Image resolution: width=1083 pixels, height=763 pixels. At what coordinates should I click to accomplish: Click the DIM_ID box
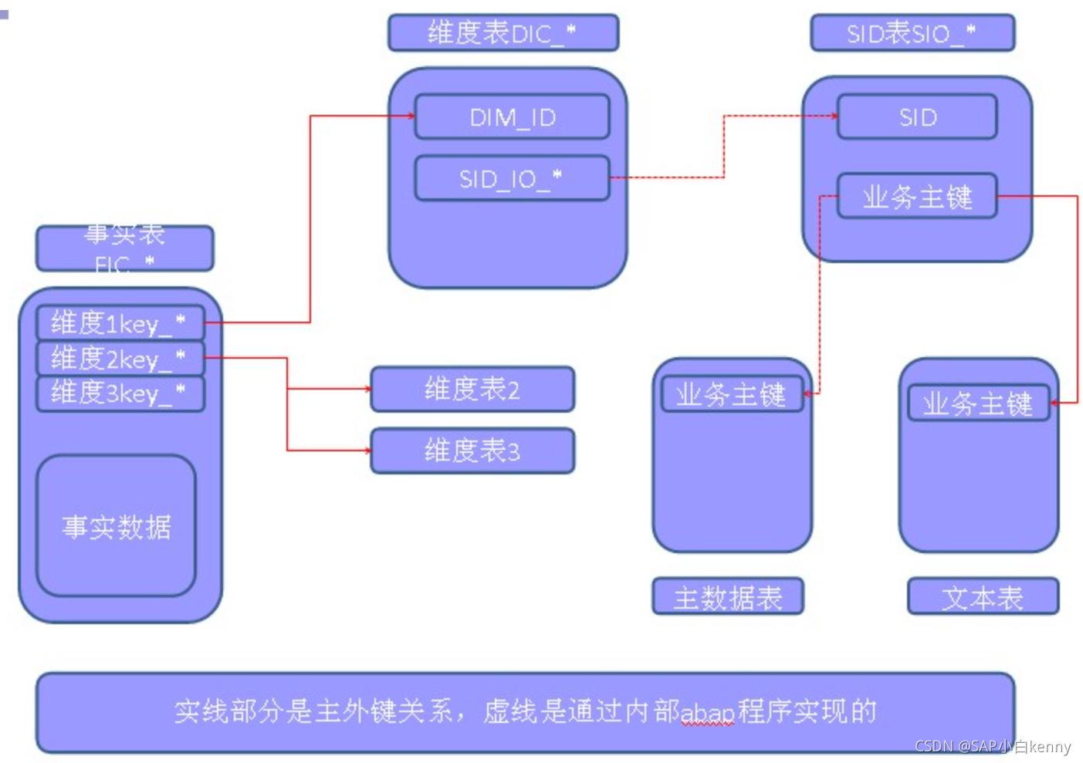(512, 117)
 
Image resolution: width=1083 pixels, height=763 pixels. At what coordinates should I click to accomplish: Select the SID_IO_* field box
(512, 179)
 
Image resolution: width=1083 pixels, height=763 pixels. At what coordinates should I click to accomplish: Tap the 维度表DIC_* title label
(503, 33)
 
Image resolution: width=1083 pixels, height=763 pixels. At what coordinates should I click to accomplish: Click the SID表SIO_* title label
(912, 33)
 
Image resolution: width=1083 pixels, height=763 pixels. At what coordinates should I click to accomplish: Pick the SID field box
(917, 117)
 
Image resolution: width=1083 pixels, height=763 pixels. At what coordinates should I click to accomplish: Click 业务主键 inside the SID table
(917, 197)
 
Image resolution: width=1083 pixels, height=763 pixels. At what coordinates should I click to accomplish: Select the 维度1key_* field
(120, 323)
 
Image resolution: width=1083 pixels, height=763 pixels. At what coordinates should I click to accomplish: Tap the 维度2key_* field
(120, 358)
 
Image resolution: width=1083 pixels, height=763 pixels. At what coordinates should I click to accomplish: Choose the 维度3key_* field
(120, 393)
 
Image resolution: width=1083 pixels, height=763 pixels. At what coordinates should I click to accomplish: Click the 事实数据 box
(117, 526)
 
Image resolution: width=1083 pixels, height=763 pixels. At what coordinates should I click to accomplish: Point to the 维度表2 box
(472, 389)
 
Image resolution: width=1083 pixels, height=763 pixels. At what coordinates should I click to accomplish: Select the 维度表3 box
(472, 451)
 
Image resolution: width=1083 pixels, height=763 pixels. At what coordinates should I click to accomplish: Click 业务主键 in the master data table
(731, 395)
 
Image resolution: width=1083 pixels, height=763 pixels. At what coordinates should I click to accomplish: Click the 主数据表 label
(728, 597)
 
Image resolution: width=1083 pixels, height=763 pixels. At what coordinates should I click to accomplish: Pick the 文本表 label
(983, 597)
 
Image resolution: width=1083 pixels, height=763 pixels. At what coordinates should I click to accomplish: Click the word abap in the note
(707, 712)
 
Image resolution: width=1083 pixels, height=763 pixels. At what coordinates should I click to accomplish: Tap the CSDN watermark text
(993, 746)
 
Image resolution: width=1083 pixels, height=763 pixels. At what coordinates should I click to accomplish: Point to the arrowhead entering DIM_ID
(411, 116)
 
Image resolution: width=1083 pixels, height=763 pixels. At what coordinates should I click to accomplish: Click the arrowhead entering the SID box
(834, 116)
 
